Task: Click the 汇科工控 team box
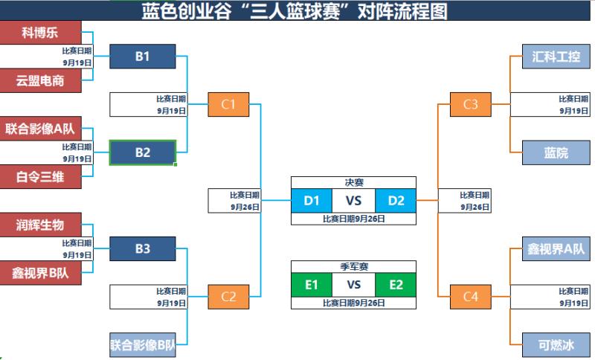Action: (x=556, y=57)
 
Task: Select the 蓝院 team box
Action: (x=556, y=152)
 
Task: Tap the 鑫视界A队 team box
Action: (x=556, y=249)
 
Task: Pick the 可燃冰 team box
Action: (x=556, y=345)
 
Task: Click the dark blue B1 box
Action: (x=142, y=57)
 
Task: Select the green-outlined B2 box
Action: (x=142, y=152)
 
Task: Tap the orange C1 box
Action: (x=228, y=104)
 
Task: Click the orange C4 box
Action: (x=471, y=297)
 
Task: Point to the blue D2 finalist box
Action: (x=396, y=200)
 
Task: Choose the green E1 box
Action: (x=312, y=285)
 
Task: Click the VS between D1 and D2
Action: (x=353, y=200)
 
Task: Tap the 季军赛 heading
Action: (x=353, y=266)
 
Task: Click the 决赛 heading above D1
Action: (x=353, y=181)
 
